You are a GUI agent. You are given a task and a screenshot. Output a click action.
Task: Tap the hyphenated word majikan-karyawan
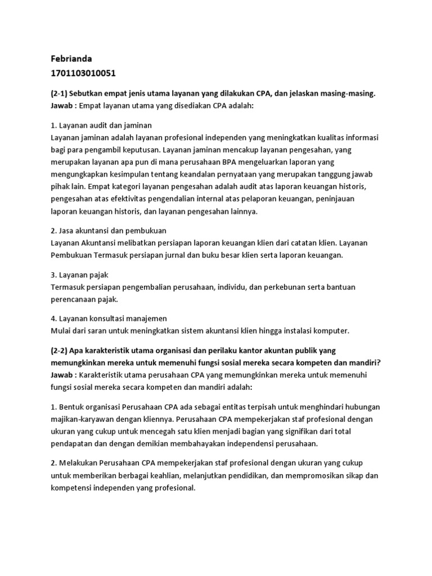tap(84, 419)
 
